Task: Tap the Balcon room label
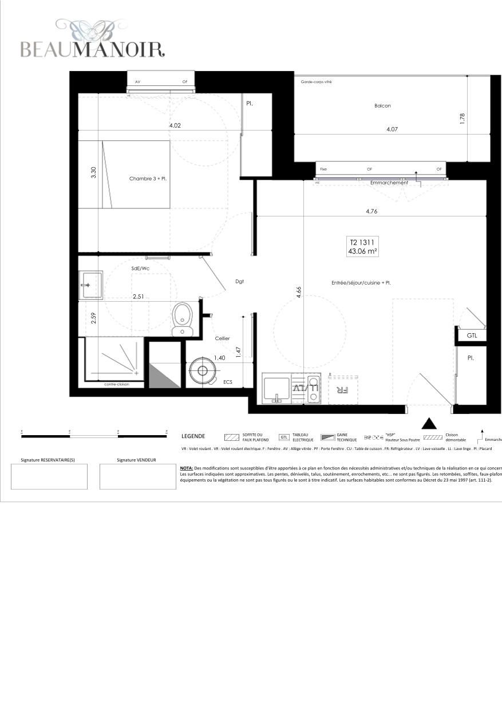[x=382, y=106]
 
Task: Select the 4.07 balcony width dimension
[x=392, y=129]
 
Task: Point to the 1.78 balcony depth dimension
[x=463, y=118]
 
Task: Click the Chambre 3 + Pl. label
[x=148, y=179]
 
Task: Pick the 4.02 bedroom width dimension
[x=175, y=125]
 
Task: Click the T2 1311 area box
[x=362, y=247]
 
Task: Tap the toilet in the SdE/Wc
[x=182, y=318]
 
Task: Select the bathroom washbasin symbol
[x=90, y=285]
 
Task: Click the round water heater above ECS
[x=202, y=370]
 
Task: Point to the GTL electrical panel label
[x=472, y=336]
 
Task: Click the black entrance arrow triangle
[x=429, y=424]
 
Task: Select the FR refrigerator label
[x=342, y=390]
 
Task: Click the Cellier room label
[x=222, y=338]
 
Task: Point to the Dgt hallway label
[x=240, y=281]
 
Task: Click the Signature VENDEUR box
[x=137, y=476]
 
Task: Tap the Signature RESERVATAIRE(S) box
[x=49, y=476]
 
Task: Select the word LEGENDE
[x=193, y=436]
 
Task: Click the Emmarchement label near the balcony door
[x=389, y=183]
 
